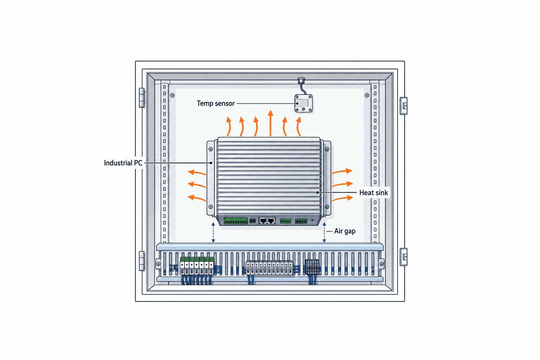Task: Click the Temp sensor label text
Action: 216,103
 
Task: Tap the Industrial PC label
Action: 123,163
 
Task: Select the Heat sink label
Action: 373,193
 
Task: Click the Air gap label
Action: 345,231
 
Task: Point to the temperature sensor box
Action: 303,103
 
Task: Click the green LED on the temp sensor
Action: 303,109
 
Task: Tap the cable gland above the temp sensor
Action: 301,80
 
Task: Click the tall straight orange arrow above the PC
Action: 270,123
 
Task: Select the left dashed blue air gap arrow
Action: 213,232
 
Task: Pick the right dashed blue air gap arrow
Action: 324,232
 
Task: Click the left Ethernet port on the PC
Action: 263,220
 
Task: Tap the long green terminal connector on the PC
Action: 236,221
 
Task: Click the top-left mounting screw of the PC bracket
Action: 211,149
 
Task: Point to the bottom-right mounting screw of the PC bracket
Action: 327,207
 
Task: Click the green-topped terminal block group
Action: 197,266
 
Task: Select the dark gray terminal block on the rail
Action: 312,267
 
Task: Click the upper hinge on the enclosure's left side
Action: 142,98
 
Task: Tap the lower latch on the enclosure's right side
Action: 404,257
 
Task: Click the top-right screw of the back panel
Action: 367,96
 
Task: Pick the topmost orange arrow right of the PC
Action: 342,171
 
